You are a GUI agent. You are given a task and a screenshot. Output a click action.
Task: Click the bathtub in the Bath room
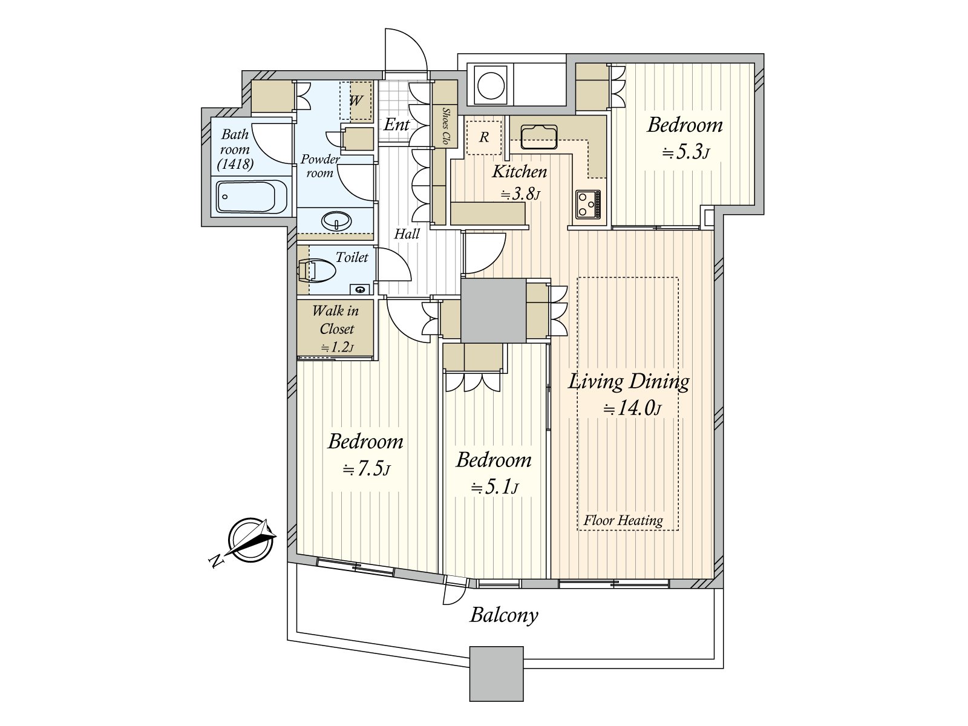[x=252, y=197]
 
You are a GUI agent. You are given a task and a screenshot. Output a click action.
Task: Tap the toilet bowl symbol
[x=316, y=270]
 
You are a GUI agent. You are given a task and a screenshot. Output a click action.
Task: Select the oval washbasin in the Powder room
[x=336, y=221]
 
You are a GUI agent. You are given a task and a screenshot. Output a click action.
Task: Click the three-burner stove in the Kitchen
[x=588, y=204]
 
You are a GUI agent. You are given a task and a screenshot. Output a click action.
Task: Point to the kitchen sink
[x=538, y=137]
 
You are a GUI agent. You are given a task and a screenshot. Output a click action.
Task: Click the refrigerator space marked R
[x=484, y=137]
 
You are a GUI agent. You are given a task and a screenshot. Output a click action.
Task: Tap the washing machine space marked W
[x=356, y=100]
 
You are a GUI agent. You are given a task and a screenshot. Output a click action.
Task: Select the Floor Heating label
[x=623, y=520]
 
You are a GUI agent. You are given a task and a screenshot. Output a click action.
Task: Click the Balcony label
[x=503, y=615]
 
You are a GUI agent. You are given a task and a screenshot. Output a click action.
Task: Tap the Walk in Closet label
[x=336, y=319]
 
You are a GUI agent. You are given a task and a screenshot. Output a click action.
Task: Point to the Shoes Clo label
[x=445, y=126]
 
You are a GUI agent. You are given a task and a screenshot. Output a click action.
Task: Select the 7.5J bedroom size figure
[x=366, y=469]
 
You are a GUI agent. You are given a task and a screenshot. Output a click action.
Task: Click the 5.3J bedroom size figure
[x=685, y=152]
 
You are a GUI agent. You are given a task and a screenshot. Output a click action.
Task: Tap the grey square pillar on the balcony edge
[x=496, y=673]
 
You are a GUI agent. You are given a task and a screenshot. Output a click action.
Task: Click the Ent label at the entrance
[x=396, y=125]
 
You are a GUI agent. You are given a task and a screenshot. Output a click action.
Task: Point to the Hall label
[x=407, y=234]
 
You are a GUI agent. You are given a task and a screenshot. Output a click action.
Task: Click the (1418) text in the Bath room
[x=235, y=165]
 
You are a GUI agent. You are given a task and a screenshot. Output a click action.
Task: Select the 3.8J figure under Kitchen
[x=520, y=194]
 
